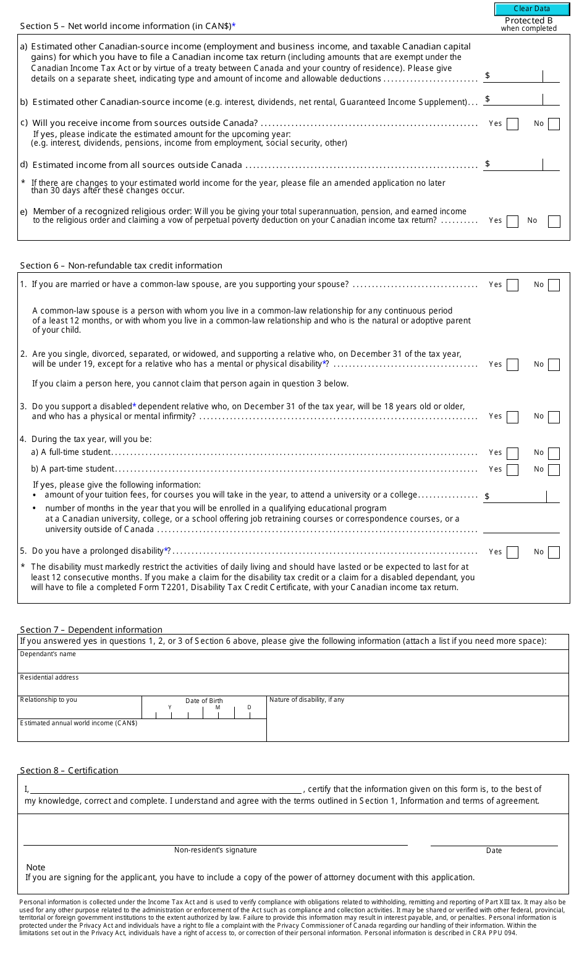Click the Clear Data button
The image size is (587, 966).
[x=531, y=9]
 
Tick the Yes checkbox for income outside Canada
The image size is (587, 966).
[x=512, y=124]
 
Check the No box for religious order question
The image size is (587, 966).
[x=554, y=221]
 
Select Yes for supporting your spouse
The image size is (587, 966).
[x=512, y=285]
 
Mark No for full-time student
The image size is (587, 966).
[x=554, y=453]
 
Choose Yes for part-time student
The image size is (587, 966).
[x=512, y=470]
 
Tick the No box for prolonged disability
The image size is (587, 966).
[x=554, y=552]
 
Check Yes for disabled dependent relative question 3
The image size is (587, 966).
[x=512, y=417]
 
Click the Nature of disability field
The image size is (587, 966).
[x=417, y=722]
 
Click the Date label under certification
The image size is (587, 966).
[x=494, y=851]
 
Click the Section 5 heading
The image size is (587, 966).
[x=127, y=26]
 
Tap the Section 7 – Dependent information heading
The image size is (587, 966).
[x=91, y=630]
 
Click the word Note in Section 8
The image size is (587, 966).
[x=36, y=867]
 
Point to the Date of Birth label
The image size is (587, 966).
[x=204, y=701]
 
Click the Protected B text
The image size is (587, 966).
[x=528, y=20]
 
